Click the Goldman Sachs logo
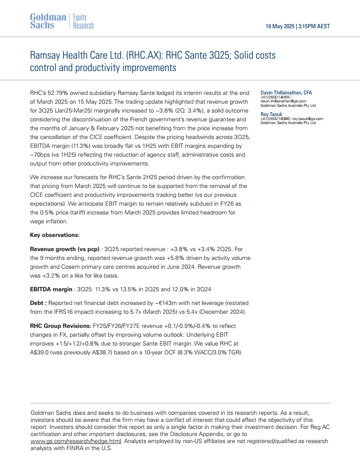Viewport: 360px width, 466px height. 48,21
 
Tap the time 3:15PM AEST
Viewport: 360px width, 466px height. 314,26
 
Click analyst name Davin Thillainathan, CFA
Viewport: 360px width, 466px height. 286,93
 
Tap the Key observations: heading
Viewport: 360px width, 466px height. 55,235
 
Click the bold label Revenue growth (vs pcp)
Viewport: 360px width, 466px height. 64,249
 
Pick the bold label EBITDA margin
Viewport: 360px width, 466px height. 51,289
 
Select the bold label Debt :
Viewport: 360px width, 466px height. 38,303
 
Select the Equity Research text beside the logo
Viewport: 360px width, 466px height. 83,21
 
